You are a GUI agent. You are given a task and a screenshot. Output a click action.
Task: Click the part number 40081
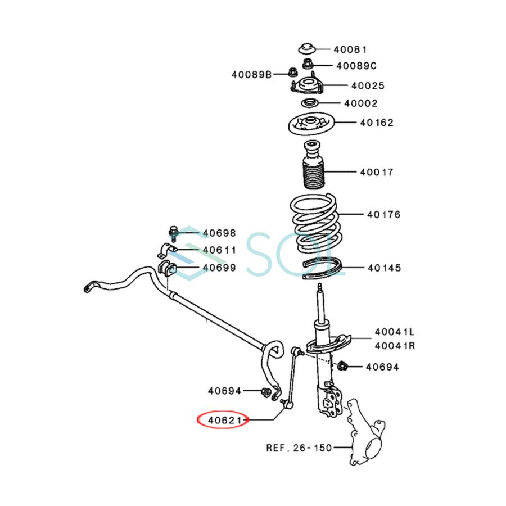click(x=350, y=49)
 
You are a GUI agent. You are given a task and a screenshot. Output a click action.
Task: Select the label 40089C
click(x=356, y=66)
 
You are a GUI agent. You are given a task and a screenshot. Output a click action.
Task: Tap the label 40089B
click(x=251, y=75)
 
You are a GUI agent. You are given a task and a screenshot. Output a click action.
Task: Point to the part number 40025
click(x=368, y=86)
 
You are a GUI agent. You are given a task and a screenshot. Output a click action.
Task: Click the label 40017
click(x=377, y=172)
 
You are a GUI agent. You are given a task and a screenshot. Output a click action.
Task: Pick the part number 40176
click(x=383, y=215)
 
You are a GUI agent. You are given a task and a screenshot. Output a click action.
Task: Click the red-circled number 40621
click(x=224, y=420)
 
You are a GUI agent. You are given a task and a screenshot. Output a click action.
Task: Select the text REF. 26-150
click(x=299, y=448)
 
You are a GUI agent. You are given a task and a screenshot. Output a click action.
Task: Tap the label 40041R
click(x=395, y=346)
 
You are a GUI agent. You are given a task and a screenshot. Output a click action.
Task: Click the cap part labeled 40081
click(x=306, y=48)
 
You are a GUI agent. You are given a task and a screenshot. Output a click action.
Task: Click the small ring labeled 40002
click(x=310, y=103)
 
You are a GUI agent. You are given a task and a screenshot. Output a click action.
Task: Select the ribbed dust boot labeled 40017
click(x=313, y=165)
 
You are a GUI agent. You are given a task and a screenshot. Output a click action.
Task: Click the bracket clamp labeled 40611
click(x=167, y=250)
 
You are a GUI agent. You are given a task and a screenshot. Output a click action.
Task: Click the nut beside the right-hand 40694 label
click(x=342, y=366)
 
